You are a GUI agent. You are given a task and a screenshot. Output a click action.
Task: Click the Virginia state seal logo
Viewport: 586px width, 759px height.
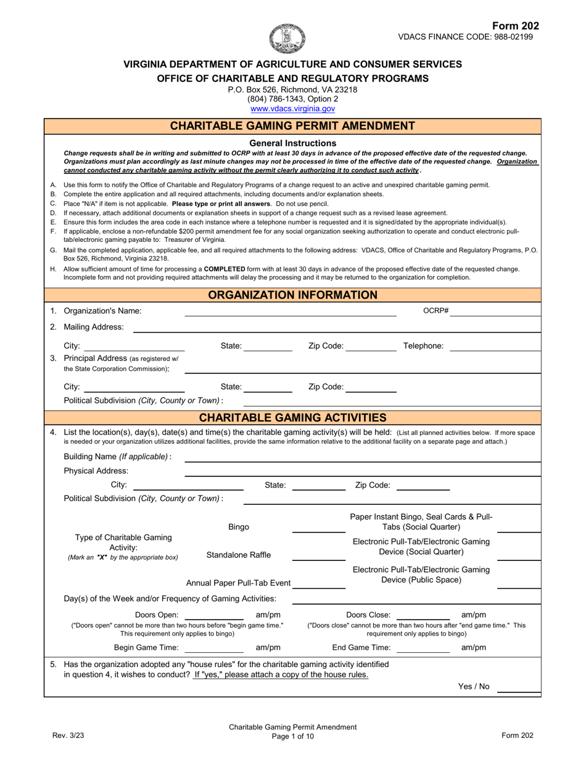tap(287, 38)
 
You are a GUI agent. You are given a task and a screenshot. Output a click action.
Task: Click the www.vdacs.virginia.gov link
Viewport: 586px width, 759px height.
tap(292, 109)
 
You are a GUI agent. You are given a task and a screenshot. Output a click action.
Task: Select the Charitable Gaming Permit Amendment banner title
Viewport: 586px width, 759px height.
tap(292, 126)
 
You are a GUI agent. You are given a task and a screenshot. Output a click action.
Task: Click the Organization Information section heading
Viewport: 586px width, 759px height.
tap(292, 295)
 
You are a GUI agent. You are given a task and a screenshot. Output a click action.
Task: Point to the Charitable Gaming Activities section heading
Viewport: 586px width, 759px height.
tap(292, 418)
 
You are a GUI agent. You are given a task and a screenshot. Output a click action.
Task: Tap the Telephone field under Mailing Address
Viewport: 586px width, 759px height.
tap(495, 347)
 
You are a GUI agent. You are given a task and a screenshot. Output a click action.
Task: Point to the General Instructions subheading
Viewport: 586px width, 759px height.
tap(292, 143)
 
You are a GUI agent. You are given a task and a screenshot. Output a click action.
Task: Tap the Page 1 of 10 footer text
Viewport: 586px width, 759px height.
tap(292, 736)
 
